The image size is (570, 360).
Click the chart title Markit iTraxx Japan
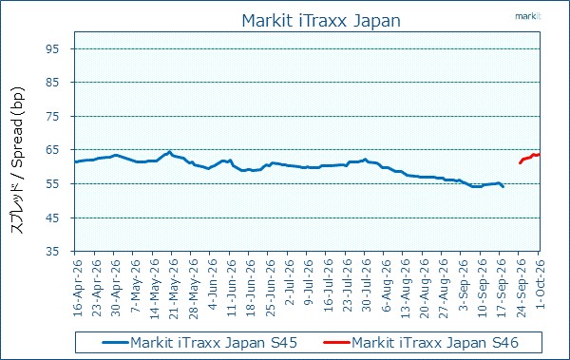pyautogui.click(x=321, y=21)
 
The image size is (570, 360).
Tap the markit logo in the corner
pyautogui.click(x=528, y=16)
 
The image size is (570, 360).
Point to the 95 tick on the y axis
pyautogui.click(x=52, y=48)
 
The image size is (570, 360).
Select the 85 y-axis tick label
pyautogui.click(x=52, y=83)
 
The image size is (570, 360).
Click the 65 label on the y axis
pyautogui.click(x=52, y=150)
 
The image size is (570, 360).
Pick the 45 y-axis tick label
pyautogui.click(x=52, y=218)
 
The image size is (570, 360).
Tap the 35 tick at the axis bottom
pyautogui.click(x=52, y=252)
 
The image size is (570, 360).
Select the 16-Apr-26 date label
pyautogui.click(x=78, y=287)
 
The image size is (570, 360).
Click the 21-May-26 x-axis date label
pyautogui.click(x=174, y=289)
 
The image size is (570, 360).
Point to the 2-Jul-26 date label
pyautogui.click(x=290, y=282)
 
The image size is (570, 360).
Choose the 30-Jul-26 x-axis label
pyautogui.click(x=367, y=285)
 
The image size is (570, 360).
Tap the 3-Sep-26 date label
pyautogui.click(x=464, y=284)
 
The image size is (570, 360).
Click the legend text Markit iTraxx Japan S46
pyautogui.click(x=435, y=343)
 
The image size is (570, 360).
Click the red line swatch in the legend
pyautogui.click(x=336, y=342)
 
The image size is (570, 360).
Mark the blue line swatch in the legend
pyautogui.click(x=116, y=342)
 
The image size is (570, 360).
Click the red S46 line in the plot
pyautogui.click(x=530, y=158)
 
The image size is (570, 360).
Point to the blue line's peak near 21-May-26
pyautogui.click(x=169, y=152)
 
